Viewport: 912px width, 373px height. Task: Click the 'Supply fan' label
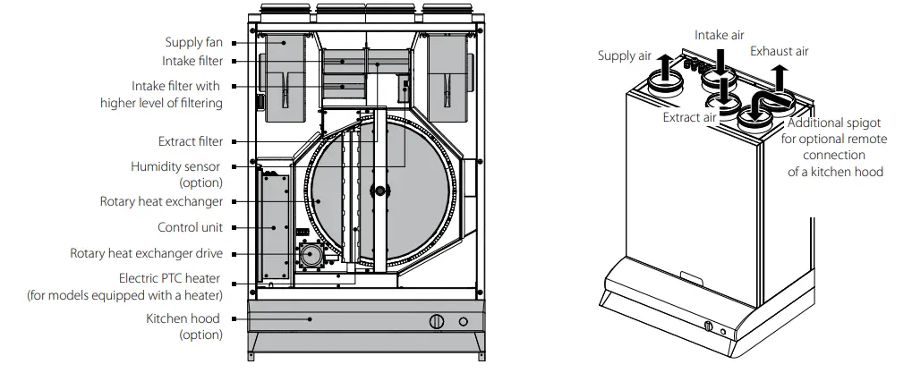coord(193,42)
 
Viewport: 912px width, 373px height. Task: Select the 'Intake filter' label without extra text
coord(192,61)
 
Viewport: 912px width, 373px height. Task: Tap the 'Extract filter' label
coord(190,141)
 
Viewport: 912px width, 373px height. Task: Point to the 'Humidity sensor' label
coord(176,166)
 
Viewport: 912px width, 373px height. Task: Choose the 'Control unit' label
coord(190,227)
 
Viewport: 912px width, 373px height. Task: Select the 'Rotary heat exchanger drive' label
coord(146,253)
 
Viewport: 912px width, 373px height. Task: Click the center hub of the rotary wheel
coord(382,191)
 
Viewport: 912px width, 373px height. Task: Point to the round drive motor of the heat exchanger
coord(314,256)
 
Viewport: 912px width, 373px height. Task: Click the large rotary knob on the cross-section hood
coord(437,322)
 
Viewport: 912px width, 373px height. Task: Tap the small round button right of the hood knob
coord(464,322)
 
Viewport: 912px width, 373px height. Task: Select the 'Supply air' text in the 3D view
coord(624,56)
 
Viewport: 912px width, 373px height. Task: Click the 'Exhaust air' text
coord(779,51)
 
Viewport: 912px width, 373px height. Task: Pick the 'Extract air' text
coord(689,117)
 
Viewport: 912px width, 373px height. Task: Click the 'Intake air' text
coord(720,35)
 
